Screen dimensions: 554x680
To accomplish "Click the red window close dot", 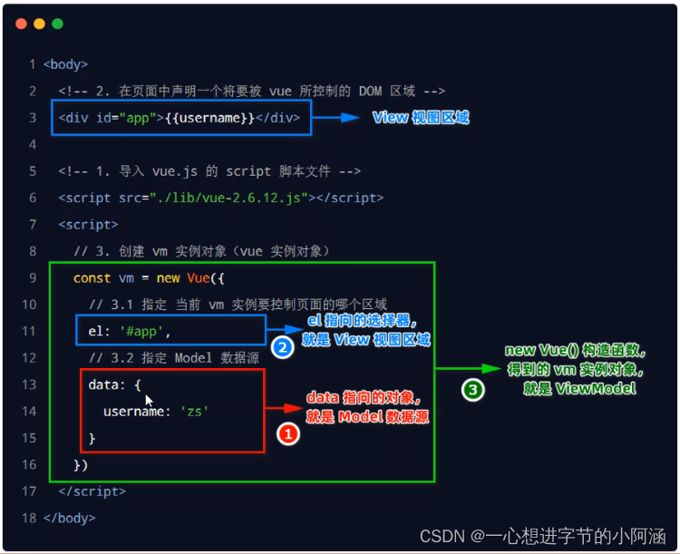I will [x=22, y=24].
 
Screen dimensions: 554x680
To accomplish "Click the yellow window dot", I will [x=39, y=24].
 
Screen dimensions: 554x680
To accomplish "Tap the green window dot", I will [x=57, y=24].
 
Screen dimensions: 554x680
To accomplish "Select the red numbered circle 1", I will [x=287, y=435].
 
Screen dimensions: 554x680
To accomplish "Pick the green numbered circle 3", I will [x=471, y=390].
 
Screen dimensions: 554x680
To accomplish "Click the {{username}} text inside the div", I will [x=209, y=118].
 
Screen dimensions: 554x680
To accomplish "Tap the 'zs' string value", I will [x=194, y=411].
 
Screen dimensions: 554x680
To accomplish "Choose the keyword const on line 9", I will [x=92, y=278].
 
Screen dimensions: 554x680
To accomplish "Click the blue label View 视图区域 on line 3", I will [x=421, y=118].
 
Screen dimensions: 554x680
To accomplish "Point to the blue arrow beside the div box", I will [x=337, y=118].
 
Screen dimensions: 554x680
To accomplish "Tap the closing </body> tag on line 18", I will [x=69, y=518].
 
